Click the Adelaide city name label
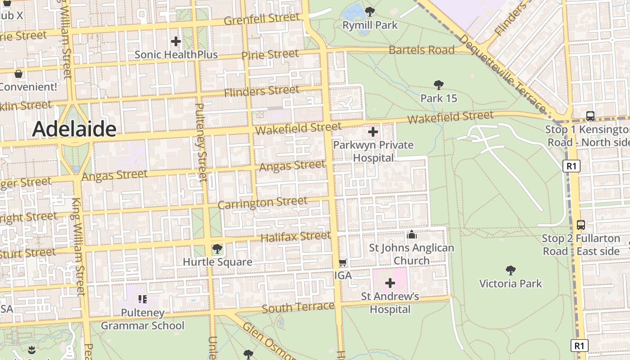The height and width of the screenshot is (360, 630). point(74,129)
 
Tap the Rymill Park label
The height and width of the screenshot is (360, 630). point(370,25)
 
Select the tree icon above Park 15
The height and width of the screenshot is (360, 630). point(438,85)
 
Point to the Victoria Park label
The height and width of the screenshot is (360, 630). point(510,283)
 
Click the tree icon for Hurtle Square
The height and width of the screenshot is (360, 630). point(217,248)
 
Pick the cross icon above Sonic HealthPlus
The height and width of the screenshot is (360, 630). point(176,42)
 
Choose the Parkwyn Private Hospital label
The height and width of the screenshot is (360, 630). point(373,151)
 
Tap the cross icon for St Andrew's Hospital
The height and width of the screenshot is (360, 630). point(390,283)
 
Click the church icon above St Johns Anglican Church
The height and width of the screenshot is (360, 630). point(411,234)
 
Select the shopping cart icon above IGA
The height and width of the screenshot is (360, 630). point(342,262)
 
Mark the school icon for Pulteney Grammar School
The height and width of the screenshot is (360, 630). point(143,299)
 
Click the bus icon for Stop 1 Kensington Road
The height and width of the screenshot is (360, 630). point(590,116)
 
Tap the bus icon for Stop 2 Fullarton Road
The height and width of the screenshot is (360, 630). point(581,225)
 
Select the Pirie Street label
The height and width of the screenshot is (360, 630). point(270,55)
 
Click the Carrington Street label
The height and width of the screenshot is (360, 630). point(262,202)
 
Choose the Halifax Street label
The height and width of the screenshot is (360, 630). point(296,236)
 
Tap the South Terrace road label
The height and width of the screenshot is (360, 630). point(298,307)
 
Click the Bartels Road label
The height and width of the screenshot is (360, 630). point(422,49)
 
